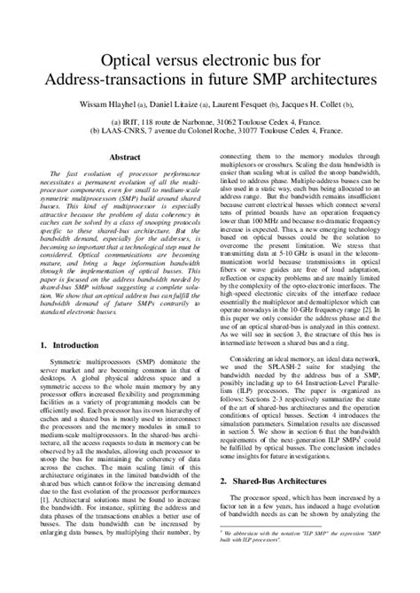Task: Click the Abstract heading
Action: click(125, 157)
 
